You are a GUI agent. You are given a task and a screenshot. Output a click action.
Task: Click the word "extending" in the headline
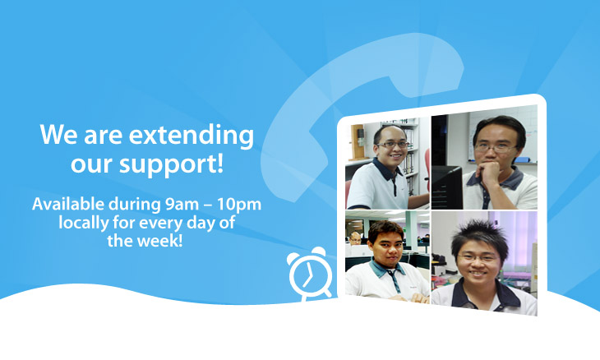[x=191, y=136]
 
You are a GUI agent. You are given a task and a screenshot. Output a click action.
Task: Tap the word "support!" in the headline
[x=171, y=165]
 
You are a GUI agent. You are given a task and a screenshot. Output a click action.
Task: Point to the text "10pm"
[x=239, y=205]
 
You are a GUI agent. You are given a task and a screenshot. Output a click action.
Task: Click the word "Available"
[x=67, y=204]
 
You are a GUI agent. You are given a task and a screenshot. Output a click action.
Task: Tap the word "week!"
[x=160, y=241]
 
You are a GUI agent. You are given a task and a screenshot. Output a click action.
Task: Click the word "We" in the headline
[x=59, y=135]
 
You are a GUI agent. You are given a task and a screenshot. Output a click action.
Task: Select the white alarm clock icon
[x=309, y=273]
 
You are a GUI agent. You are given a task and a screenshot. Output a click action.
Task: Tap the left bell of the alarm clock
[x=293, y=258]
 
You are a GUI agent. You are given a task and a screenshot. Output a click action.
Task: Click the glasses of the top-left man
[x=394, y=145]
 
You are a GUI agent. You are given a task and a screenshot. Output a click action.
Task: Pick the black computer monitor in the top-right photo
[x=447, y=187]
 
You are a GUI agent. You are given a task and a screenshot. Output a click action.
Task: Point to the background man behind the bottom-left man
[x=355, y=238]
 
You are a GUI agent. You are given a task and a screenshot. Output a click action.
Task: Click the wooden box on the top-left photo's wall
[x=358, y=142]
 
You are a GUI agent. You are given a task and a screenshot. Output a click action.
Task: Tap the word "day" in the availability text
[x=201, y=223]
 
